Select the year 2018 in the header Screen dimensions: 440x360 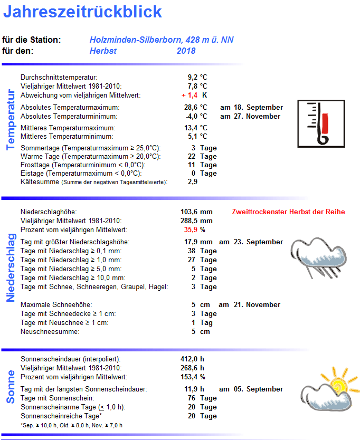click(x=186, y=51)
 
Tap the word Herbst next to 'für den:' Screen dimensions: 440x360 click(x=103, y=51)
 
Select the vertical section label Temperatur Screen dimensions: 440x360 click(x=11, y=120)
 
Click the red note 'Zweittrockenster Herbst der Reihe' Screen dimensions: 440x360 click(x=288, y=212)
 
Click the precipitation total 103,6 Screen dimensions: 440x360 click(x=189, y=212)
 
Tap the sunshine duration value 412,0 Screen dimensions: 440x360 click(x=189, y=359)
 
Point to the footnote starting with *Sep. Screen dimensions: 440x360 click(x=71, y=425)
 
